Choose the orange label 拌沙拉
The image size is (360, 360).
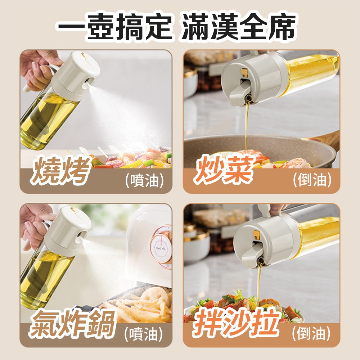[237, 323]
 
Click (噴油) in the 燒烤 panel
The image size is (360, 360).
[144, 180]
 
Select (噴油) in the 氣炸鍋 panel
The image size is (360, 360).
[144, 334]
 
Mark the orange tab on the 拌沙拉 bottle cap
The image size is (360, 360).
[257, 235]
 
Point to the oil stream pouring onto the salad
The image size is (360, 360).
[259, 285]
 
